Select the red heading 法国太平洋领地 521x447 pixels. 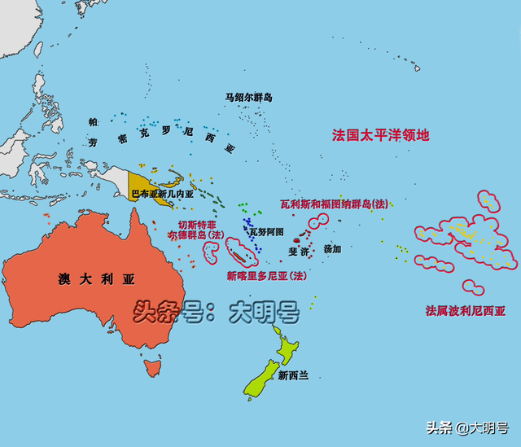(x=380, y=135)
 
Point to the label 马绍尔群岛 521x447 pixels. (x=248, y=98)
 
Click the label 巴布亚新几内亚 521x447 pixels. (x=163, y=195)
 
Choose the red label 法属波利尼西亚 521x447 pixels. (x=466, y=310)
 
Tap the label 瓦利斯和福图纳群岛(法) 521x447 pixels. (x=334, y=204)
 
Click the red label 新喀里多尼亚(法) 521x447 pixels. (x=266, y=276)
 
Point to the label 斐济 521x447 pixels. (x=298, y=252)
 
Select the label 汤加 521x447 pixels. (x=332, y=248)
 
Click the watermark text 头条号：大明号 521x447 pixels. (x=216, y=311)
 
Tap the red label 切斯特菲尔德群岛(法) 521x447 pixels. (x=194, y=228)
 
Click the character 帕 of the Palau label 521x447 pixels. (x=94, y=122)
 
